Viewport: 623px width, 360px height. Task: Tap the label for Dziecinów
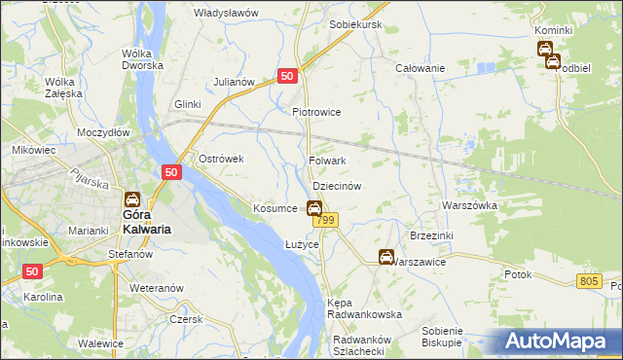click(x=337, y=185)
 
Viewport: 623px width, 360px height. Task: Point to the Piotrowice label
click(x=316, y=112)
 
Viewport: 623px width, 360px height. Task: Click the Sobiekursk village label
click(x=355, y=23)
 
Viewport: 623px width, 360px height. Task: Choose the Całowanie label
click(x=420, y=68)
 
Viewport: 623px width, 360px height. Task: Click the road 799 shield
click(x=325, y=222)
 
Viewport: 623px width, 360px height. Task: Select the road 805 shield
click(x=588, y=281)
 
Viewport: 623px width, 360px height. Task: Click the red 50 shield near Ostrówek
click(x=170, y=172)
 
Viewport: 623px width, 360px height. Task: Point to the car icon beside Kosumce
click(x=314, y=207)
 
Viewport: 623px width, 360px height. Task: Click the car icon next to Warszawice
click(x=386, y=257)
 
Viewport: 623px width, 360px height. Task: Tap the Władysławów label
click(x=225, y=13)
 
